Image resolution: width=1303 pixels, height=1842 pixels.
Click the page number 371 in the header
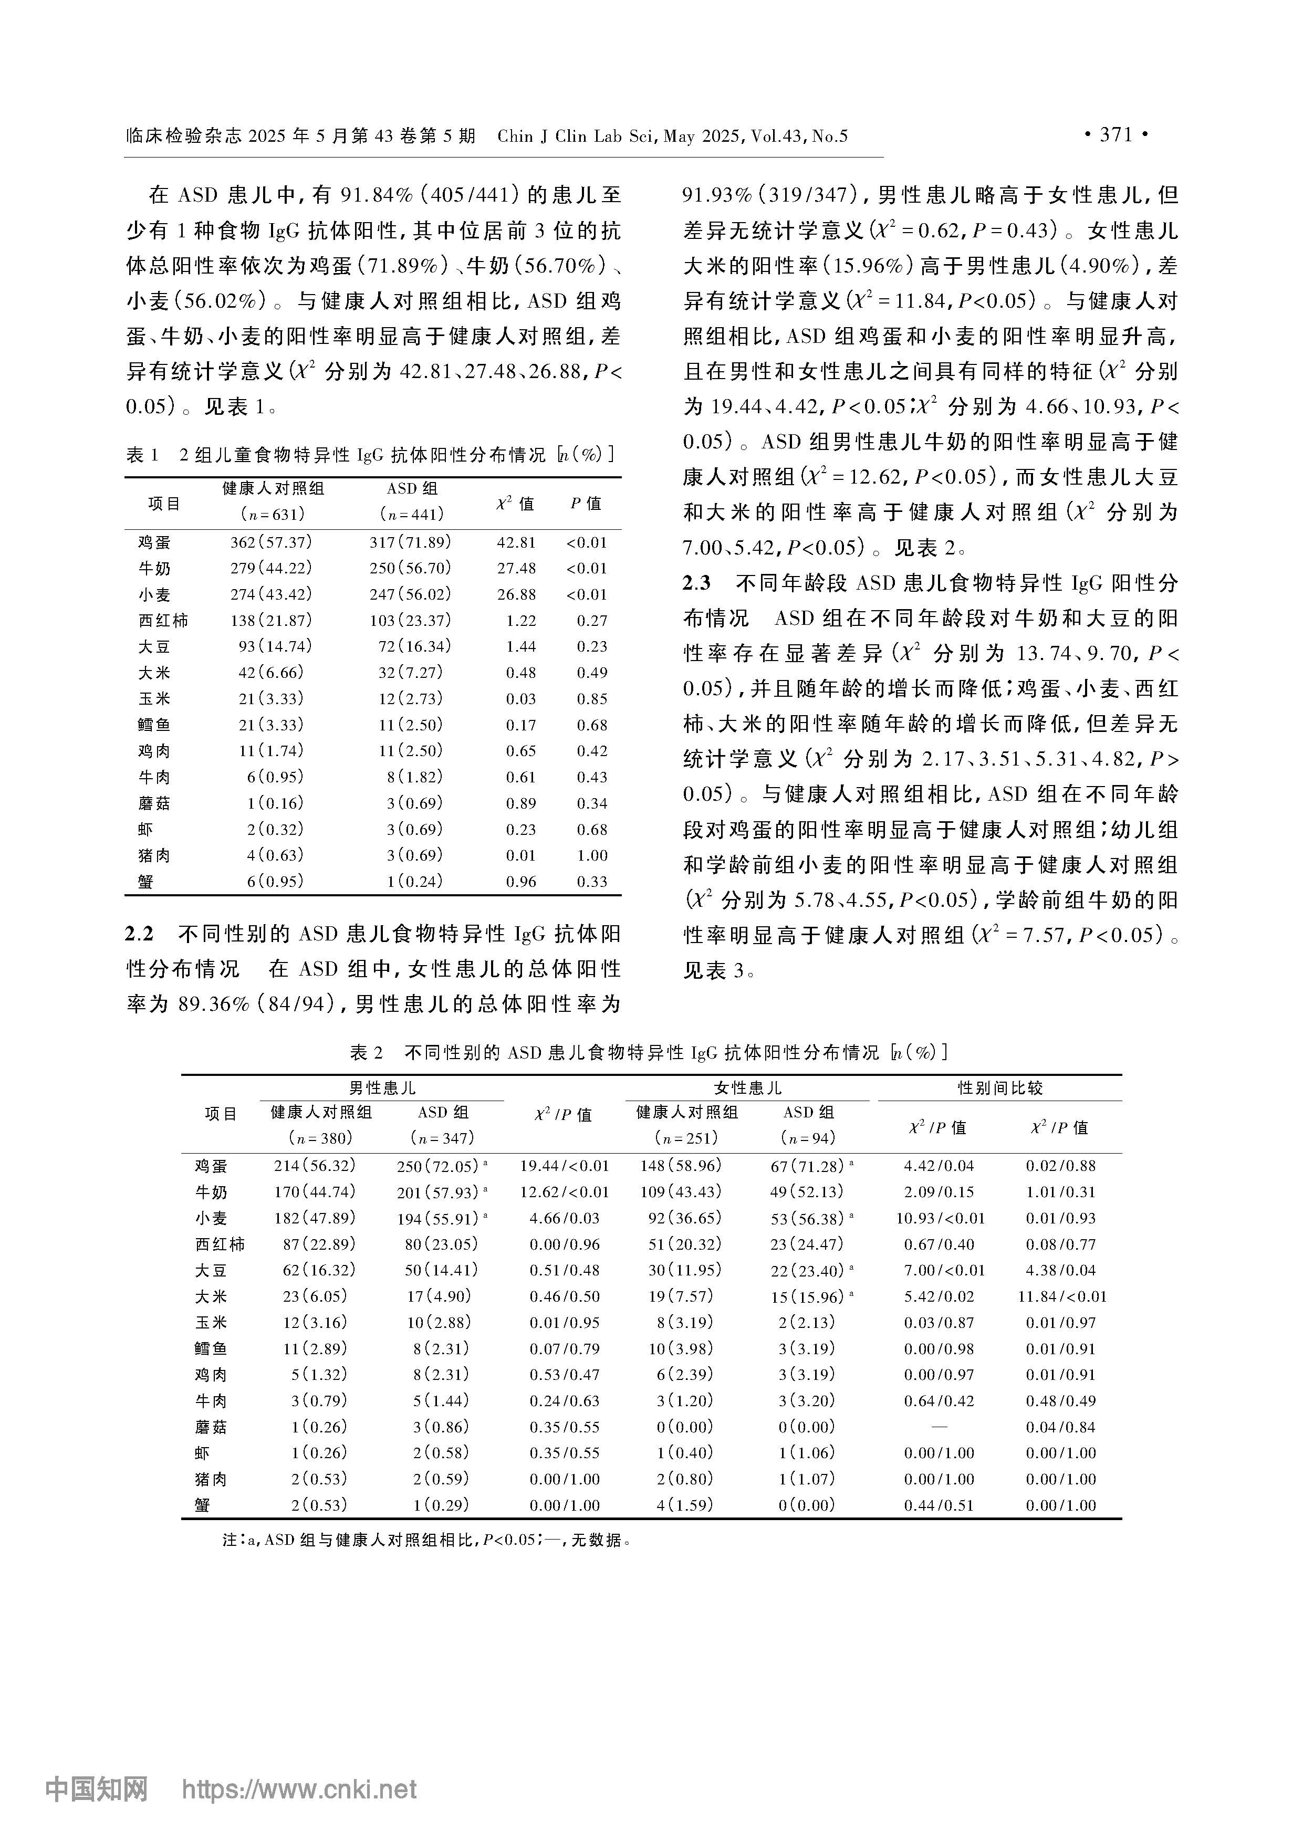1116,135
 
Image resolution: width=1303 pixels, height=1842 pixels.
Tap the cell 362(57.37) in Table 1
271,542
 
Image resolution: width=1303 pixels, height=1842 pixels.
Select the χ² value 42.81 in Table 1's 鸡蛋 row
516,542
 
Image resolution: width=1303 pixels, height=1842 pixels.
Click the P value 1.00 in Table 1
592,855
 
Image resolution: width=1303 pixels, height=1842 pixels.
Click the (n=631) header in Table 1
272,514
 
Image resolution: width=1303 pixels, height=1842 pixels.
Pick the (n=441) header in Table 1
412,514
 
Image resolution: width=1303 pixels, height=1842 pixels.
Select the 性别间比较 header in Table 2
1000,1089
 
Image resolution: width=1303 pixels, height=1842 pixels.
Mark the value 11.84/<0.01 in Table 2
1061,1296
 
